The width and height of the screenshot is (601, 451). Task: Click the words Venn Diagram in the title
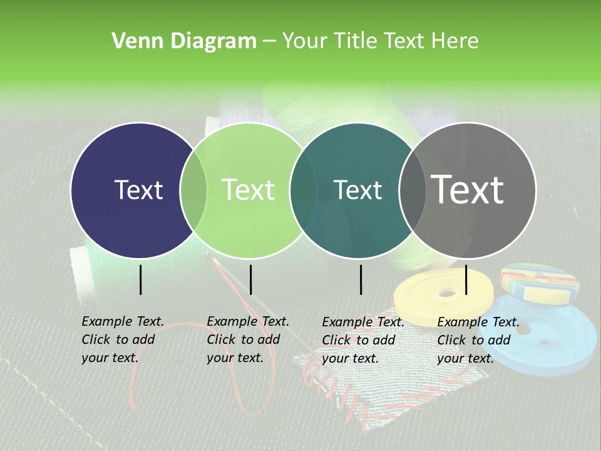[184, 41]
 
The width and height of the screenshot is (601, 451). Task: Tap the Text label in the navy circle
[138, 190]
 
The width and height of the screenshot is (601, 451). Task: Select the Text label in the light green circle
[248, 190]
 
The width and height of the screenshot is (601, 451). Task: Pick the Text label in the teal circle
[358, 190]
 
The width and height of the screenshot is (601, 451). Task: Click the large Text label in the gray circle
[468, 190]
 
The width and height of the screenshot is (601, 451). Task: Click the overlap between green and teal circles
[303, 190]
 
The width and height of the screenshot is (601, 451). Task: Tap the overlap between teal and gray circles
[413, 190]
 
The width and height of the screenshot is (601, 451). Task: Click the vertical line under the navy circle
[141, 279]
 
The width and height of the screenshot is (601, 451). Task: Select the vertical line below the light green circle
[250, 279]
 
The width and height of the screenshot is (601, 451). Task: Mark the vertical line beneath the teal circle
[361, 279]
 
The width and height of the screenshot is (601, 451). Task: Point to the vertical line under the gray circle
[466, 279]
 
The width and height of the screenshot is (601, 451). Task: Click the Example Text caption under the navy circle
[122, 340]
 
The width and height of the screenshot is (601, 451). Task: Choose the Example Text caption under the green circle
[247, 340]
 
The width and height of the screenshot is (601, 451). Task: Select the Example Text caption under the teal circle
[362, 340]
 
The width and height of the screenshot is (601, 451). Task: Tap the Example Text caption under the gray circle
[478, 340]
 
